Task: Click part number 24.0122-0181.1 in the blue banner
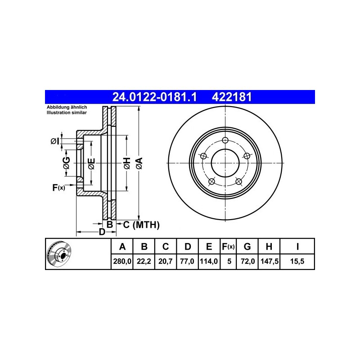click(154, 97)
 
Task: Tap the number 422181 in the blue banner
click(232, 97)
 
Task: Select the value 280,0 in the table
click(122, 261)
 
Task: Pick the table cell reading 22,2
click(144, 261)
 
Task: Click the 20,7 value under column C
click(165, 261)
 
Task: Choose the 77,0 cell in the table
click(187, 261)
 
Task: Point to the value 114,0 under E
click(209, 261)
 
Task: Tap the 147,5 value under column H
click(270, 261)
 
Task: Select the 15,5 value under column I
click(297, 261)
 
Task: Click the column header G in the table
click(247, 247)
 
